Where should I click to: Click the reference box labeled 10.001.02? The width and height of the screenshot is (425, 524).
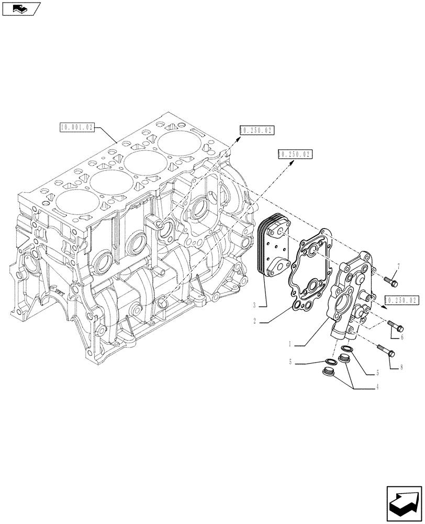point(77,127)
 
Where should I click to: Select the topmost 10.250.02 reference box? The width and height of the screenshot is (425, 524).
point(257,130)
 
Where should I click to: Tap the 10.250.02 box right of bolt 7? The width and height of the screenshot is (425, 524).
point(402,300)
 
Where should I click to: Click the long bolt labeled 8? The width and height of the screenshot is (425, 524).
point(386,351)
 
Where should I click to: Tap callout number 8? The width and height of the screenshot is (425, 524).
point(401,367)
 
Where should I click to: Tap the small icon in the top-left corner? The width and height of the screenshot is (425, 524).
point(21,8)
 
